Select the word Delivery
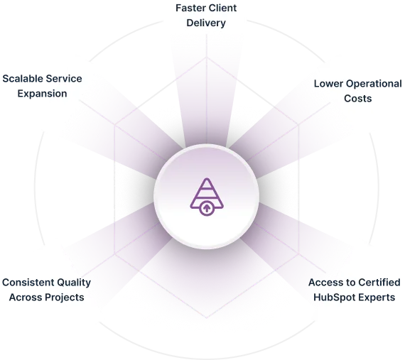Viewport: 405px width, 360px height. pos(206,23)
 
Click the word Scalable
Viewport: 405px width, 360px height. pos(22,78)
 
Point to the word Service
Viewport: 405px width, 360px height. pos(63,78)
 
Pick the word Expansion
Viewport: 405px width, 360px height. pos(42,94)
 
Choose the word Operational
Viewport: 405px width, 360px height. pos(374,84)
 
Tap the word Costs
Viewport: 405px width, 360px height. pos(357,99)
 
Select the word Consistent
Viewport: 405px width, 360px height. pos(28,283)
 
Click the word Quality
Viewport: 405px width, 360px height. pos(74,283)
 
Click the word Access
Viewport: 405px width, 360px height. pos(325,283)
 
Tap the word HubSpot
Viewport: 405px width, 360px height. pos(334,298)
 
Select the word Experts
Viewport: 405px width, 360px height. pos(377,298)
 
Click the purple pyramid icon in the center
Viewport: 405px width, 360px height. pos(207,197)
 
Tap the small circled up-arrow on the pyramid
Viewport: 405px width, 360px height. pos(207,208)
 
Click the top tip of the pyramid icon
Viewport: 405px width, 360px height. pos(207,178)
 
